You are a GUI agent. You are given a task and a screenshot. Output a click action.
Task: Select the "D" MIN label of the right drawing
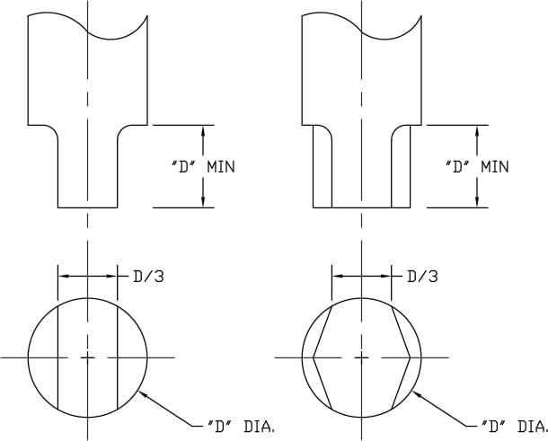coord(477,167)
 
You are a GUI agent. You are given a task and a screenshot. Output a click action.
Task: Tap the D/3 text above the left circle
coord(148,277)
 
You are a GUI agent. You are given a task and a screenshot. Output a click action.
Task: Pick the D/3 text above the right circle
coord(422,277)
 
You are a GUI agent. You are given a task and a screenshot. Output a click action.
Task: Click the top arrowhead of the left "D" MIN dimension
coord(203,131)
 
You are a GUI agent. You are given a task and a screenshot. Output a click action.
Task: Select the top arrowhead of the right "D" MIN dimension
coord(476,131)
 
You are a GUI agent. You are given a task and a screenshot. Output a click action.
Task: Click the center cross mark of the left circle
coord(87,357)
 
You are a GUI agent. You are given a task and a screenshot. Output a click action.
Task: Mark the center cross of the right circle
coord(361,357)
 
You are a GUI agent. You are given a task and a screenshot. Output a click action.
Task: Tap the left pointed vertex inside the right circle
coord(314,357)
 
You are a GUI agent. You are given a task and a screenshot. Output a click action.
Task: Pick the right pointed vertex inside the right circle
coord(410,357)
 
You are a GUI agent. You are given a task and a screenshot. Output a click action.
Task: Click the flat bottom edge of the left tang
coord(87,207)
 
